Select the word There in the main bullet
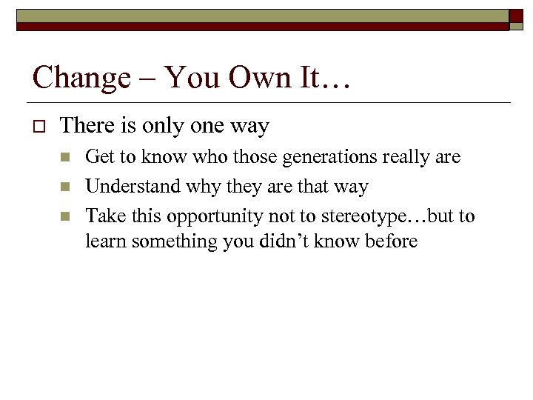pos(87,127)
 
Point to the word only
pos(161,127)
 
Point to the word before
pos(389,241)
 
